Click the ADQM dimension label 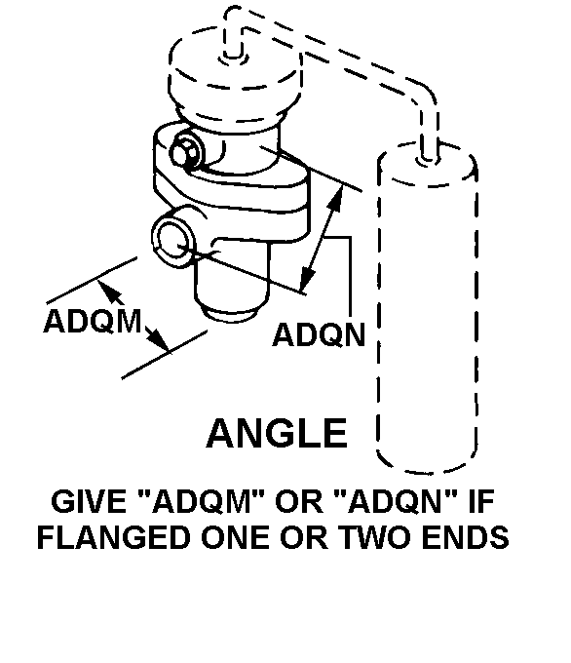93,322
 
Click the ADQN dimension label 319,334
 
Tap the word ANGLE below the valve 277,434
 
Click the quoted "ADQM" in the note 200,500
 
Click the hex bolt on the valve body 186,151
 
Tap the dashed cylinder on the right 428,309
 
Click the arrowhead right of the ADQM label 156,337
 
